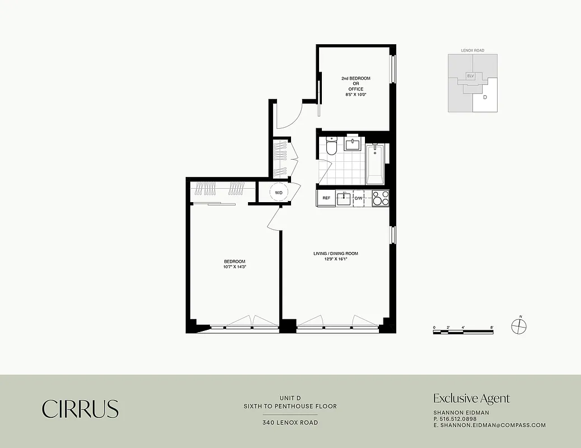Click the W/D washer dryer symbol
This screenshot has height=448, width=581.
(278, 193)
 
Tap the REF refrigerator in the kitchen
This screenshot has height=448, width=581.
(326, 198)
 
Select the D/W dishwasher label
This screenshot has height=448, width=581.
(358, 198)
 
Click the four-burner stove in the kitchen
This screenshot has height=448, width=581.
(381, 198)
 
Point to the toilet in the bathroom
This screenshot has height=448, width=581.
(331, 147)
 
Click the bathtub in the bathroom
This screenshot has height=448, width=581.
(375, 164)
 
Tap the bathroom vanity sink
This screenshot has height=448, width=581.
(353, 145)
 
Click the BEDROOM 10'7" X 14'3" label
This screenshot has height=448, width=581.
(235, 264)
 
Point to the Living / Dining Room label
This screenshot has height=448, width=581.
(335, 256)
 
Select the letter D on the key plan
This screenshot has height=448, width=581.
(485, 97)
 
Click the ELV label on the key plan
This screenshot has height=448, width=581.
(471, 75)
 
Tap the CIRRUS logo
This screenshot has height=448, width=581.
(80, 409)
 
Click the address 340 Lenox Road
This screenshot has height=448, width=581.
(290, 423)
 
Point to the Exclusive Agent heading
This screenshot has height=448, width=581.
(471, 399)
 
